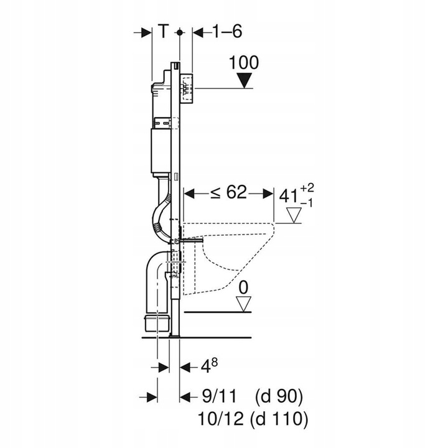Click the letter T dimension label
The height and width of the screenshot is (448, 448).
click(162, 32)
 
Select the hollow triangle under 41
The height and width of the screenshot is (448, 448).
click(294, 215)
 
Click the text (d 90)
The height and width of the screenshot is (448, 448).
click(278, 396)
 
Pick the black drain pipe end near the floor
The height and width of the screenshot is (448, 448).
click(156, 323)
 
